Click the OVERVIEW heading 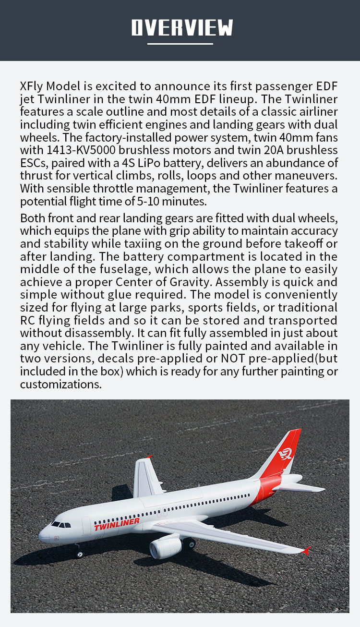click(x=182, y=27)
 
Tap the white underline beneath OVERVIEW click(x=180, y=44)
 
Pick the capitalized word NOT click(x=234, y=358)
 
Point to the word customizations click(x=60, y=384)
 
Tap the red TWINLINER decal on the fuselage click(x=117, y=524)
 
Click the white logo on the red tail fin click(x=286, y=453)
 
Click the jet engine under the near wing click(x=165, y=547)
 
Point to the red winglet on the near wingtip click(x=305, y=550)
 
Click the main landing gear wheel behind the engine click(x=190, y=543)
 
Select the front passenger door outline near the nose click(x=86, y=526)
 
